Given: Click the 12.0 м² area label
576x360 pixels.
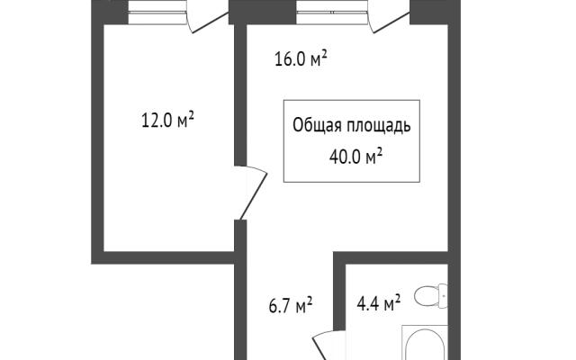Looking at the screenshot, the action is click(167, 120).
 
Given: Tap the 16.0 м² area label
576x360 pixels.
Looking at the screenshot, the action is click(301, 58).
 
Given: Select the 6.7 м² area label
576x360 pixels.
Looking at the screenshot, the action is click(291, 306).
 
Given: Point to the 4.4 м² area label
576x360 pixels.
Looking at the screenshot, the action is click(379, 303).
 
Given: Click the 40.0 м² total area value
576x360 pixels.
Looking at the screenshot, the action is click(355, 157).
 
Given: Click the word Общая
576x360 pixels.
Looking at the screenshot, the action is click(315, 125).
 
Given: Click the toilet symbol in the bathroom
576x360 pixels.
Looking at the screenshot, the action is click(431, 296).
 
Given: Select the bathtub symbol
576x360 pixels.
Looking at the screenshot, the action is click(425, 343).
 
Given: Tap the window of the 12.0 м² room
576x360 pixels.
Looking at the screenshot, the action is click(157, 13).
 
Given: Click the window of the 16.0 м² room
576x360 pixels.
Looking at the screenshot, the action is click(332, 13).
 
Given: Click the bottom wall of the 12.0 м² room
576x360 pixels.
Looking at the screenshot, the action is click(163, 257).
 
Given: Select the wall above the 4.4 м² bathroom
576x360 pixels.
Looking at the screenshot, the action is click(391, 257).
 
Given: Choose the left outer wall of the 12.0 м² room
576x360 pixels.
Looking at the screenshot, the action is click(98, 132).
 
